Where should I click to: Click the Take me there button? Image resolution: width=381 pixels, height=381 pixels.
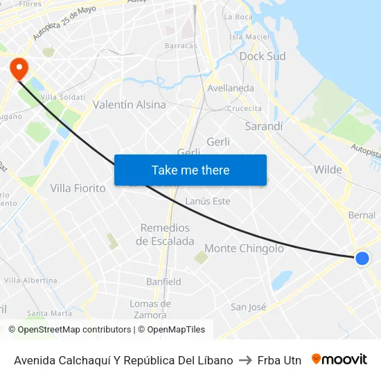tap(190, 170)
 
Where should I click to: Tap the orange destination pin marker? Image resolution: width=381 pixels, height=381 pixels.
tap(18, 68)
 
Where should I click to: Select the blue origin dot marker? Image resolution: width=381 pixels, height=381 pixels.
tap(362, 258)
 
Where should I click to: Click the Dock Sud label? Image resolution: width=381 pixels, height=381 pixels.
tap(262, 56)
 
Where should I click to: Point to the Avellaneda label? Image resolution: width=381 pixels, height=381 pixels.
tap(231, 88)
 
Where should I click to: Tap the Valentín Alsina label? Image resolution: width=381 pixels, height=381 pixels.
tap(130, 105)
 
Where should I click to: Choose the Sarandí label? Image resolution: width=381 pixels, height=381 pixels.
tap(264, 126)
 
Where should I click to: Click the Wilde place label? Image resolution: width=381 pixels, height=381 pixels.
tap(328, 170)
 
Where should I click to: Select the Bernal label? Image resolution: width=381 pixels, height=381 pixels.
tap(362, 215)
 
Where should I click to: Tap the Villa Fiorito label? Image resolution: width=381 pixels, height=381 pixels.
tap(78, 188)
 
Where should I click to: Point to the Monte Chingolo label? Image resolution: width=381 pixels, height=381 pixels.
tap(244, 248)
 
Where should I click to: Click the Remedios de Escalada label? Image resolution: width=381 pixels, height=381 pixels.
tap(165, 234)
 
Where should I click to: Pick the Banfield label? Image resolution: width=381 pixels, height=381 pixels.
tap(163, 281)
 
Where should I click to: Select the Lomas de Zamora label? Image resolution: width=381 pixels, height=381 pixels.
tap(150, 309)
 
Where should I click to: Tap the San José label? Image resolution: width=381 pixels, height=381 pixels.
tap(248, 307)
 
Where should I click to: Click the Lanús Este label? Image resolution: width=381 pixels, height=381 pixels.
tap(208, 201)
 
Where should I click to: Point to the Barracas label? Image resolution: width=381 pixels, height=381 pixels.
tap(181, 46)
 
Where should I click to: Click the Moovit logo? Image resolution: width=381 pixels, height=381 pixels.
tap(339, 359)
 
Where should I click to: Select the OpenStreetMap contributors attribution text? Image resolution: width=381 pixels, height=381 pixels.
tap(74, 330)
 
